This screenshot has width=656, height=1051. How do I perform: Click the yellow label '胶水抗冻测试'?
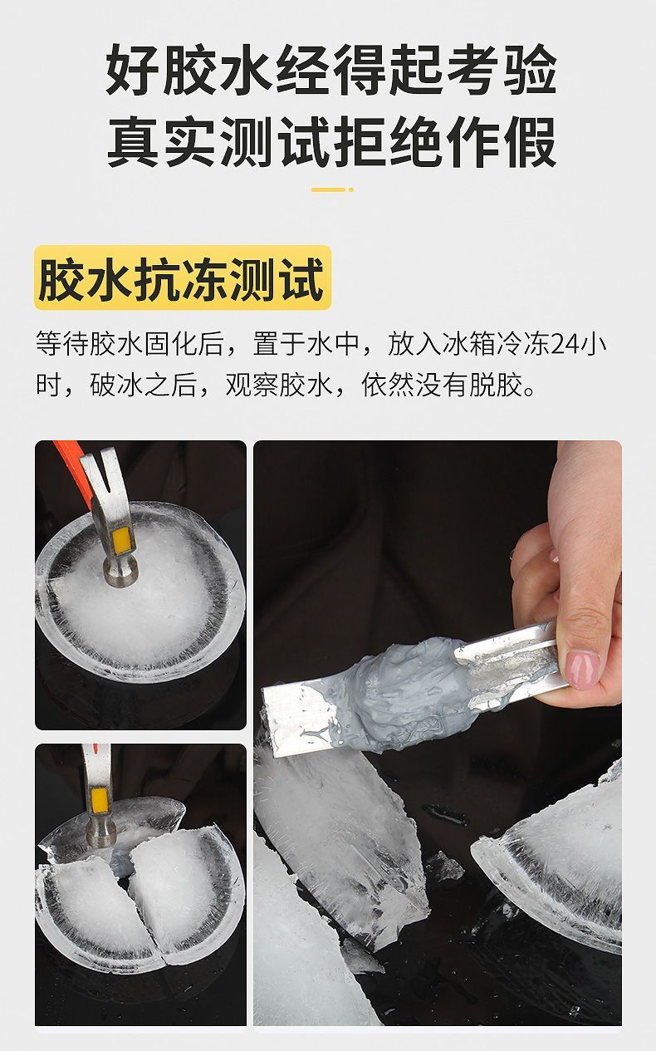tap(183, 277)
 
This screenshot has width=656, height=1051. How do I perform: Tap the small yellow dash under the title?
tap(332, 189)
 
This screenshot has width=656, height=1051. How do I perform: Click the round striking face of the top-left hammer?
tap(121, 575)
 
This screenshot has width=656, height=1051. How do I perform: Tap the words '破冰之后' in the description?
tap(143, 386)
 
